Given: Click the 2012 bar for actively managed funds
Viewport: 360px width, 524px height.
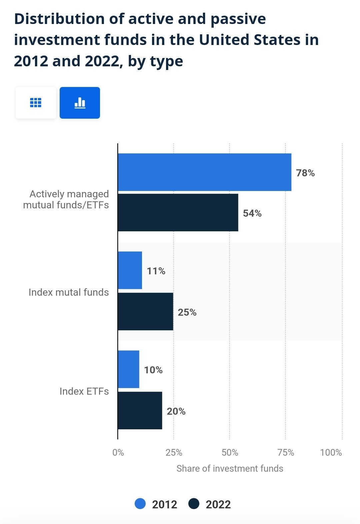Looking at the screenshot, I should pyautogui.click(x=204, y=172).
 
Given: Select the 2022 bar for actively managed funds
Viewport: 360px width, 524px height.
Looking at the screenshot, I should pyautogui.click(x=178, y=212).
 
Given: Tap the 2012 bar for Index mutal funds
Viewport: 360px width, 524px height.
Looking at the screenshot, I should pyautogui.click(x=130, y=270).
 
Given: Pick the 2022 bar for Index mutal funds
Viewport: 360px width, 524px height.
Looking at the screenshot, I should pyautogui.click(x=145, y=312).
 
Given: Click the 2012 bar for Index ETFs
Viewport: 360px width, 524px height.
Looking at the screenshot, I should pyautogui.click(x=129, y=369).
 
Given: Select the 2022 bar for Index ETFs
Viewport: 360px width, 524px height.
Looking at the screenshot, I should pyautogui.click(x=140, y=410).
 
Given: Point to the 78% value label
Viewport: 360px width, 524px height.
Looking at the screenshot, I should pyautogui.click(x=305, y=173).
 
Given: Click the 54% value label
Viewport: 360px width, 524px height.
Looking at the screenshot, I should pyautogui.click(x=252, y=213).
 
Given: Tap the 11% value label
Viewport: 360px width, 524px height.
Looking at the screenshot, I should pyautogui.click(x=156, y=271).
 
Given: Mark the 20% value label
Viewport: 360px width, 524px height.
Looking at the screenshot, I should pyautogui.click(x=176, y=411).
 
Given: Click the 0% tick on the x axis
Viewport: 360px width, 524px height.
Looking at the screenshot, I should pyautogui.click(x=118, y=453).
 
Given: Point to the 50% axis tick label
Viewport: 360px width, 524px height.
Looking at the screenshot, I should pyautogui.click(x=230, y=453).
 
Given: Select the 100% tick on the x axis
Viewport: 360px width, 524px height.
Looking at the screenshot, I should pyautogui.click(x=331, y=453).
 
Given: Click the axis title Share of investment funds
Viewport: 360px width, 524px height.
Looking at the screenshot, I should pyautogui.click(x=230, y=468).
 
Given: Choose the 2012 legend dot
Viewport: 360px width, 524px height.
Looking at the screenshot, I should pyautogui.click(x=140, y=504).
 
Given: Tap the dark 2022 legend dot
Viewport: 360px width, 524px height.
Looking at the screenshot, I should pyautogui.click(x=194, y=504).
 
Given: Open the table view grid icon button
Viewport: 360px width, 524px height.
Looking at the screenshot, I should pyautogui.click(x=36, y=103).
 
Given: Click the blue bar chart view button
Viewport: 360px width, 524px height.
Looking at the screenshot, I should pyautogui.click(x=80, y=103).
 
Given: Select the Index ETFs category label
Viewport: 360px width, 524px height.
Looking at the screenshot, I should pyautogui.click(x=84, y=391).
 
